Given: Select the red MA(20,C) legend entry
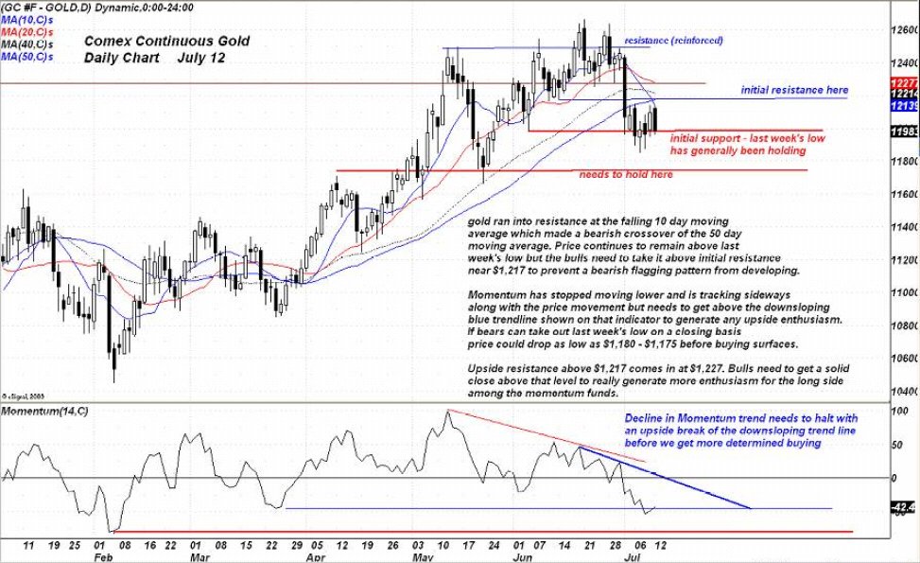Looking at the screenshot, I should [x=26, y=32].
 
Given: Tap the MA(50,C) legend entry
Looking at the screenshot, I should [x=26, y=57].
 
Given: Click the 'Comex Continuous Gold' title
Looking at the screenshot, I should [x=166, y=41].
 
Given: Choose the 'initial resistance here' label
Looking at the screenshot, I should [x=794, y=90].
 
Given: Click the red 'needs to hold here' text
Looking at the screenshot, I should [x=626, y=175].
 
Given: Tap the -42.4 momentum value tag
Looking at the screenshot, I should [x=903, y=508].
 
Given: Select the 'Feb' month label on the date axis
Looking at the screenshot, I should [x=100, y=558].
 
